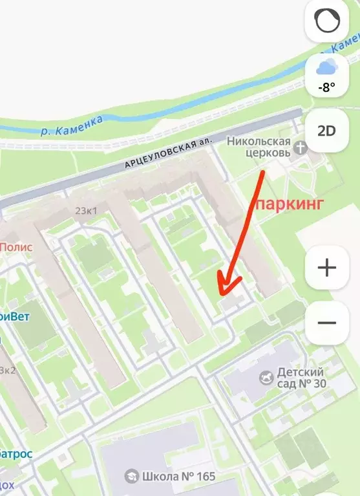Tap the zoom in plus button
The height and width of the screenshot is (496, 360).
pos(327,267)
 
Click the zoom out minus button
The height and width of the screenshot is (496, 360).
pos(327,322)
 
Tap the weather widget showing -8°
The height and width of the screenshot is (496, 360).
pos(326,75)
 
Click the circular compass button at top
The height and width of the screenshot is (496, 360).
pos(326,22)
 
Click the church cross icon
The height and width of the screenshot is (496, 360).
pos(300,147)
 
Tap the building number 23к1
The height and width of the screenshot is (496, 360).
pos(87,210)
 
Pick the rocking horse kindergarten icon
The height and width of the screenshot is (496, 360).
pos(266,376)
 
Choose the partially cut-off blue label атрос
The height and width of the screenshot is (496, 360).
pos(16,453)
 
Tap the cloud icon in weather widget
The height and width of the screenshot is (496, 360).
pos(326,66)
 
